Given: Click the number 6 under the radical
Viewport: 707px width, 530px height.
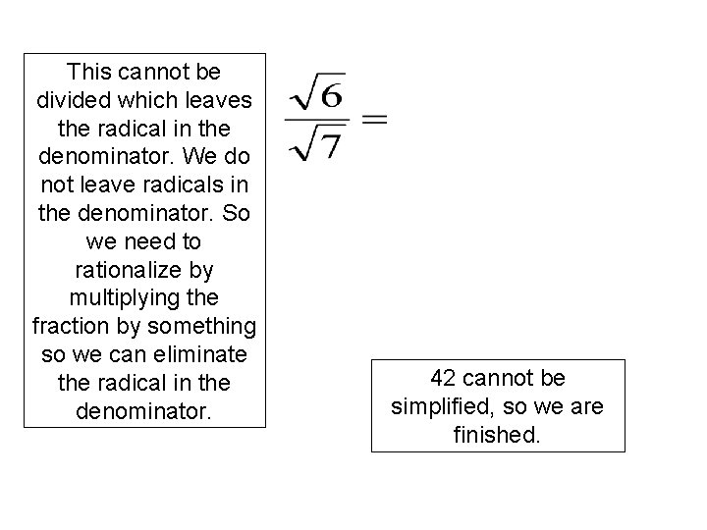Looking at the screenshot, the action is pyautogui.click(x=331, y=99).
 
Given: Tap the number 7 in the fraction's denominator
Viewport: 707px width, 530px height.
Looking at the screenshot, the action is pyautogui.click(x=331, y=144).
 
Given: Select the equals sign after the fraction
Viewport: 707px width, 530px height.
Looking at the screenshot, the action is pyautogui.click(x=375, y=121).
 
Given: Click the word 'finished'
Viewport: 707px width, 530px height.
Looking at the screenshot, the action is pyautogui.click(x=498, y=434).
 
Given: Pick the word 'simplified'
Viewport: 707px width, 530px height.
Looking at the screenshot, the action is pyautogui.click(x=436, y=406).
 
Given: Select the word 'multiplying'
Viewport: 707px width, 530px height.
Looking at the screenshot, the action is pyautogui.click(x=144, y=297).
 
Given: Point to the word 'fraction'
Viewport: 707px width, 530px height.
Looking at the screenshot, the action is pyautogui.click(x=69, y=325).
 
